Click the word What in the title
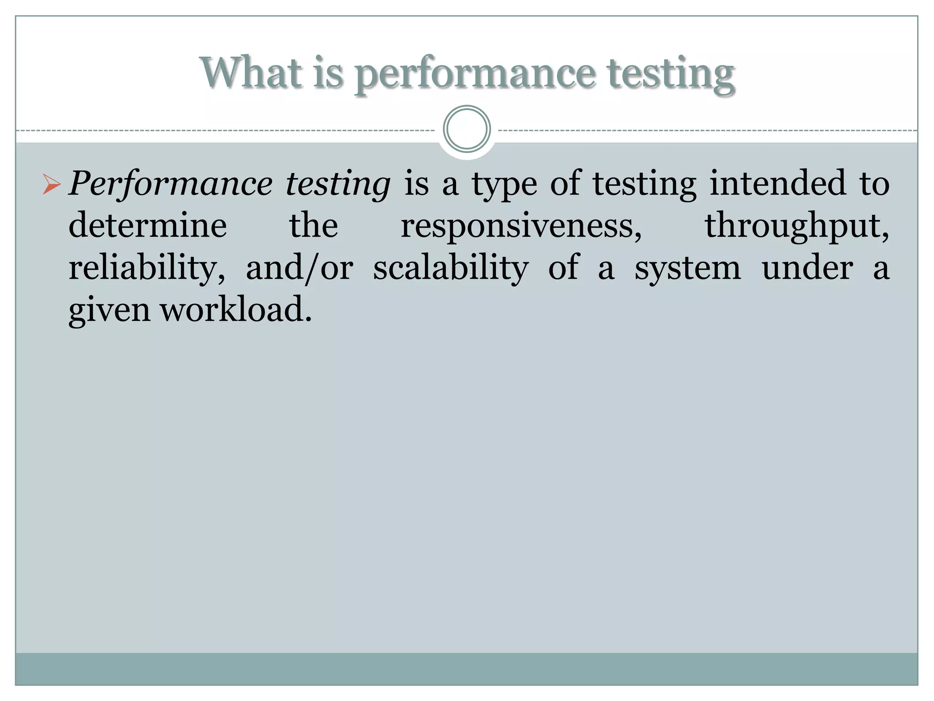tap(251, 73)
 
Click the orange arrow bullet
tap(51, 184)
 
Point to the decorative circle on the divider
tap(467, 129)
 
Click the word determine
tap(148, 225)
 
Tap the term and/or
tap(299, 268)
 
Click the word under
tap(807, 268)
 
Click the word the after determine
tap(314, 225)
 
